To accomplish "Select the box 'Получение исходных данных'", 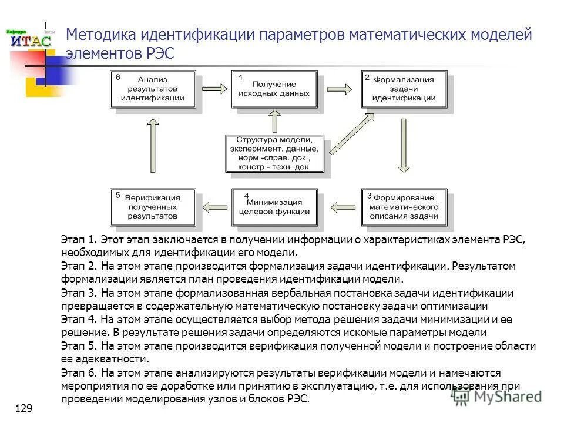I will pyautogui.click(x=274, y=89).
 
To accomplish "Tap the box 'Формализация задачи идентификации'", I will pyautogui.click(x=405, y=89).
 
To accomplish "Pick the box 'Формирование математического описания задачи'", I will pyautogui.click(x=405, y=207).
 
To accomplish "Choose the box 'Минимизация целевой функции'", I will pyautogui.click(x=274, y=207).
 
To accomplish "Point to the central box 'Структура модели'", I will pyautogui.click(x=274, y=153).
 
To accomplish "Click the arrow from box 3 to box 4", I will pyautogui.click(x=343, y=206).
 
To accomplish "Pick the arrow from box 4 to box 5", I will pyautogui.click(x=214, y=206).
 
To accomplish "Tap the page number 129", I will pyautogui.click(x=23, y=408).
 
